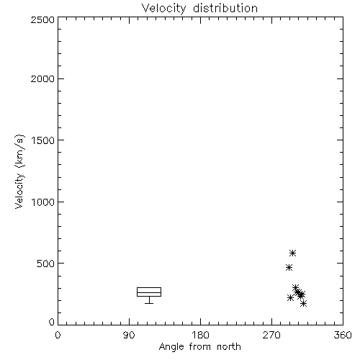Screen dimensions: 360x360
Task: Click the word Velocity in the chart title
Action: [163, 9]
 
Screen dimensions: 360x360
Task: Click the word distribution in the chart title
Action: [225, 8]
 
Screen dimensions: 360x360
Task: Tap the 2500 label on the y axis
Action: [42, 19]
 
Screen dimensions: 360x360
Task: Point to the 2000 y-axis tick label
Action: [42, 78]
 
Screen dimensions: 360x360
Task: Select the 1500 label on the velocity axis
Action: [43, 140]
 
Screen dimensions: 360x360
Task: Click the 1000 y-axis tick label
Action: [43, 202]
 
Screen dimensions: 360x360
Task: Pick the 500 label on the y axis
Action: [45, 264]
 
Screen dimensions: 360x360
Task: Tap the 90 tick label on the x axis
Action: [129, 335]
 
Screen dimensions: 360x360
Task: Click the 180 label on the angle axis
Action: [200, 335]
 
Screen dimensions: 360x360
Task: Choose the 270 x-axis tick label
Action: [271, 335]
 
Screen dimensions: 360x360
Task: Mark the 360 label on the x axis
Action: [343, 335]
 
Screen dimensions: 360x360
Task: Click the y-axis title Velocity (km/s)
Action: [19, 171]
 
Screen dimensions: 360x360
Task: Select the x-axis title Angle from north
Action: [199, 347]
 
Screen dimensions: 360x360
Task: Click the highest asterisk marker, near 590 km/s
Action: [292, 253]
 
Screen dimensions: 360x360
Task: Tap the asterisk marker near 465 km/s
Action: [289, 267]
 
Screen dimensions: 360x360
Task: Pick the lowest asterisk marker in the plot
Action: [304, 304]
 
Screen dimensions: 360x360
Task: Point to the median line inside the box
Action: [149, 292]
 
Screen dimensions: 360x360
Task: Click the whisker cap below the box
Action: [149, 303]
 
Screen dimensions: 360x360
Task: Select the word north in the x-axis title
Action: [229, 346]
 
